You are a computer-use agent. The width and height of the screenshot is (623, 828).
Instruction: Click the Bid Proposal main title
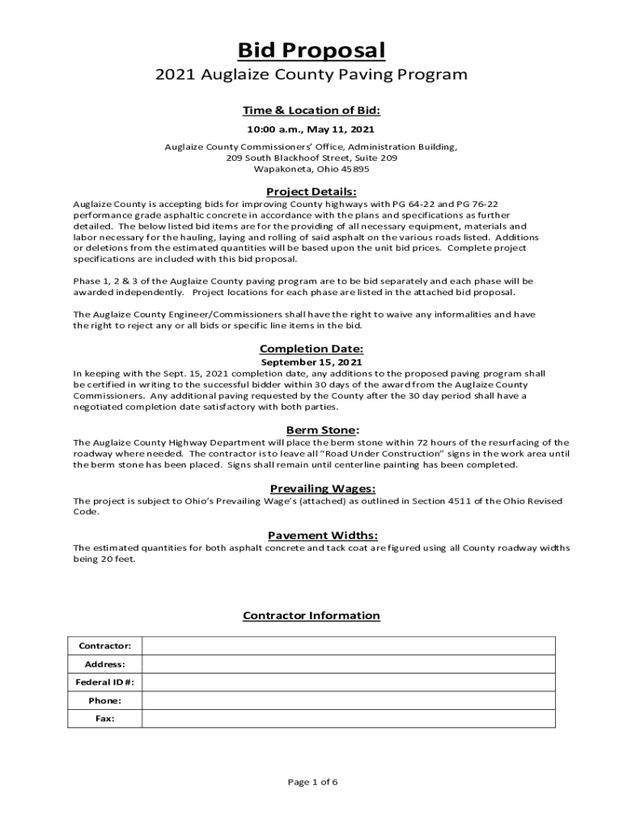click(311, 51)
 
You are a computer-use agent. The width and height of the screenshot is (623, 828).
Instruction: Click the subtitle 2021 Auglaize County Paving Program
click(311, 75)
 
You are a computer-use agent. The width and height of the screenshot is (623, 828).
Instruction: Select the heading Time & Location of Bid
click(311, 110)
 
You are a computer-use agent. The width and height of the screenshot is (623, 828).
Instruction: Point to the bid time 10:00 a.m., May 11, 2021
click(311, 129)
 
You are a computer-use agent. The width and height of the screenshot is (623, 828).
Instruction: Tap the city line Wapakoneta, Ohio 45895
click(311, 170)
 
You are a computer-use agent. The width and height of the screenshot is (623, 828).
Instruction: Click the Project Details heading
click(311, 192)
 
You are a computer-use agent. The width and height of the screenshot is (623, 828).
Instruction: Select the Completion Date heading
click(311, 349)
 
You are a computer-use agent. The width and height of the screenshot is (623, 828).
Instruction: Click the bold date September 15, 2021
click(311, 362)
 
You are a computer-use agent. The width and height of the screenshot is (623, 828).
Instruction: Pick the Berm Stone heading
click(311, 429)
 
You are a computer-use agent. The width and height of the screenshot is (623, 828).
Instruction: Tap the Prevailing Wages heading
click(311, 488)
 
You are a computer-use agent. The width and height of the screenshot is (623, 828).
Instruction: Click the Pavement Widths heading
click(311, 534)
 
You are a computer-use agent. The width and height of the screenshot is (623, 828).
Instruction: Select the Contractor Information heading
click(311, 615)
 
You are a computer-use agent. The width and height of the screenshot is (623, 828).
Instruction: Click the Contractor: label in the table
click(105, 646)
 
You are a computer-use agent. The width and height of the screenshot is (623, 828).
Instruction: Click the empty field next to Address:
click(349, 664)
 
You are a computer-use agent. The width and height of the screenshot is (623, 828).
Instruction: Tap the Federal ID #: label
click(105, 682)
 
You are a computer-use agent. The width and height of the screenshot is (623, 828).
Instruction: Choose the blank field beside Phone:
click(349, 700)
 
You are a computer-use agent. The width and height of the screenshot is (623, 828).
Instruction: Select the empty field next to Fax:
click(349, 718)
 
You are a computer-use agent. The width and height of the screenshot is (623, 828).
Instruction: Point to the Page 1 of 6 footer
click(311, 782)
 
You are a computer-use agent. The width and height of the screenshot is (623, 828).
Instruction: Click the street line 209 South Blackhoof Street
click(311, 158)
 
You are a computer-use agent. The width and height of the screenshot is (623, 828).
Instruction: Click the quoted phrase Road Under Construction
click(388, 454)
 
